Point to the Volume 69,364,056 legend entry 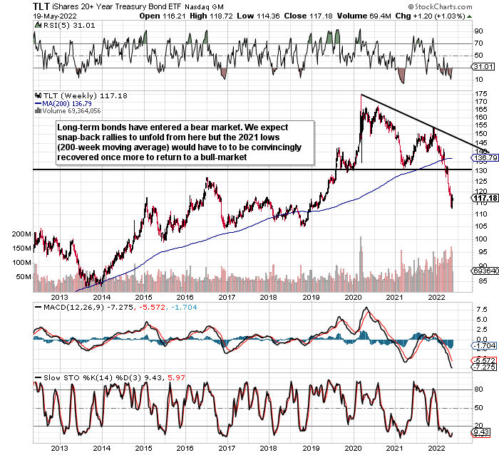(x=71, y=111)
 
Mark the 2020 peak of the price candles (x=361, y=95)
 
